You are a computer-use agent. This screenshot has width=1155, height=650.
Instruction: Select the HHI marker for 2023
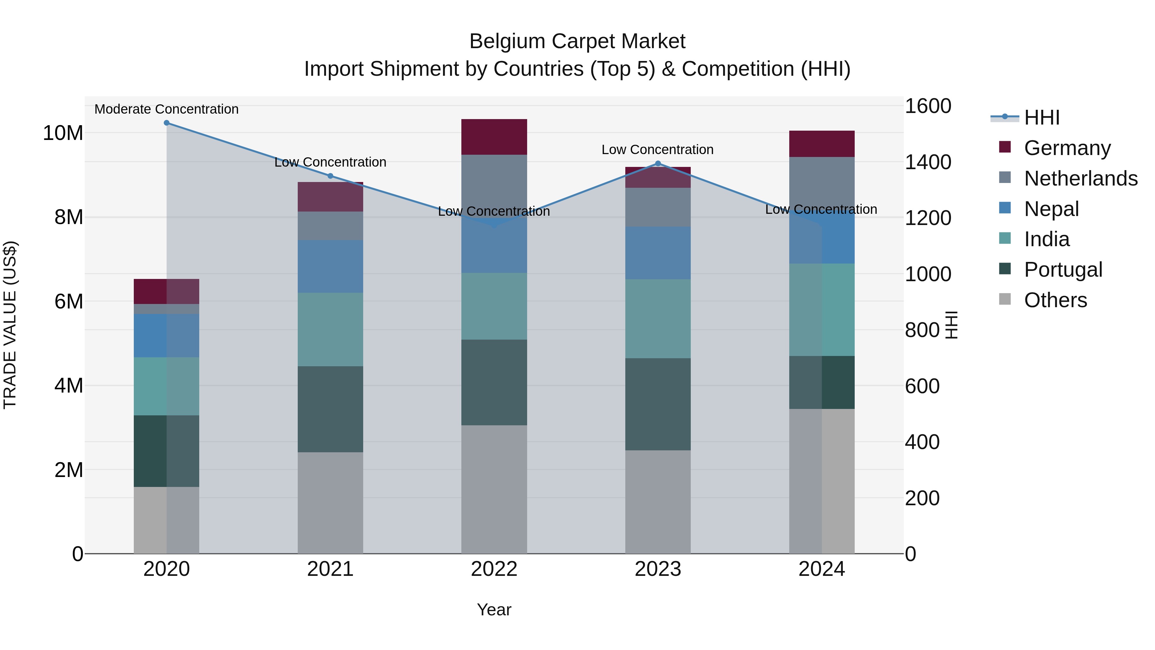(658, 163)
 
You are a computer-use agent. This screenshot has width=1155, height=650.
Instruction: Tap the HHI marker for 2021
(330, 176)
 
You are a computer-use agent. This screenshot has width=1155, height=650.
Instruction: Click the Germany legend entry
(1067, 148)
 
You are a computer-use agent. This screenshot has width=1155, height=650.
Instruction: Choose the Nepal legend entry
(1051, 209)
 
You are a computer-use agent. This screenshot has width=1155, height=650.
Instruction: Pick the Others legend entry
(1056, 300)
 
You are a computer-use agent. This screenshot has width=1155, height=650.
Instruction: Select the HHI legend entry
(1041, 117)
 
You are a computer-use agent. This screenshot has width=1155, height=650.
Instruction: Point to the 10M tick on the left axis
(63, 133)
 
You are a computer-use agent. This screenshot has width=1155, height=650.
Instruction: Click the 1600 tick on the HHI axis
(928, 106)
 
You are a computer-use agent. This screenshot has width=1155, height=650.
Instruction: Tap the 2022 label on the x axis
(494, 569)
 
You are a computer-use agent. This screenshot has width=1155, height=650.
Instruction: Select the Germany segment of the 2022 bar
(494, 137)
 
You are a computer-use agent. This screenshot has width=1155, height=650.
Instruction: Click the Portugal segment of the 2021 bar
(330, 409)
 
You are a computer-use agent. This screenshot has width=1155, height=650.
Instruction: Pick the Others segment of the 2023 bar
(658, 501)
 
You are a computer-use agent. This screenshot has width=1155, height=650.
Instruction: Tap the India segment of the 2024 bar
(822, 309)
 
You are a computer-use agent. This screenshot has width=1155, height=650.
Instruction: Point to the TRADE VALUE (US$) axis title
(10, 325)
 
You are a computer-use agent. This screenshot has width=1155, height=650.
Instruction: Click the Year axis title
(494, 610)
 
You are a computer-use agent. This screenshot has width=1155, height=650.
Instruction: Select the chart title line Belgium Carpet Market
(577, 41)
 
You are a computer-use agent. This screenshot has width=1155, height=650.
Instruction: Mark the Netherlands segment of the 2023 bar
(658, 207)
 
